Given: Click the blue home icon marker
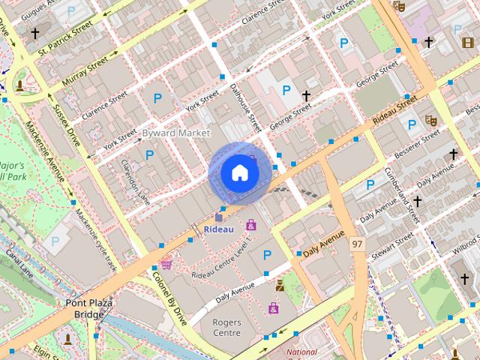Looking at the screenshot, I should pyautogui.click(x=239, y=173).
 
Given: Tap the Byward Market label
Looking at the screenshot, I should pyautogui.click(x=176, y=133).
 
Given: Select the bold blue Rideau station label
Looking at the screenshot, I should pyautogui.click(x=219, y=228).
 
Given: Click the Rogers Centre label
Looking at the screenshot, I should pyautogui.click(x=226, y=328).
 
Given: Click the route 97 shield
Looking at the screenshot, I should pyautogui.click(x=357, y=245).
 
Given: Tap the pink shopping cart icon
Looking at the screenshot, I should pyautogui.click(x=166, y=263).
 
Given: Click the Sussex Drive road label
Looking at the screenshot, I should pyautogui.click(x=66, y=127).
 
